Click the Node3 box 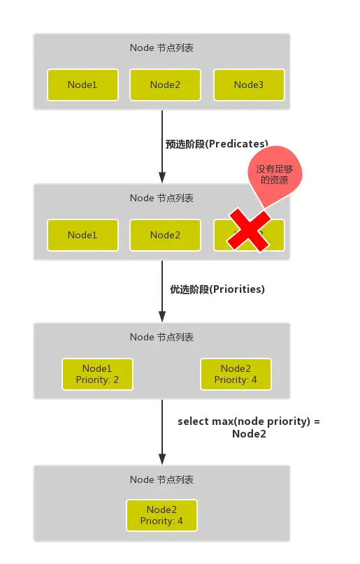pos(248,85)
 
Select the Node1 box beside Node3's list pos(82,85)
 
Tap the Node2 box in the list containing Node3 pos(165,85)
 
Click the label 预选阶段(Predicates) pos(217,144)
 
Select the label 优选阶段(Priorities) pos(217,289)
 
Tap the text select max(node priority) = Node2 pos(249,428)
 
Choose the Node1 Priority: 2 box pos(96,374)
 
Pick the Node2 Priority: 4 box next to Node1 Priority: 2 pos(236,374)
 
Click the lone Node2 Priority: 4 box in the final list pos(161,515)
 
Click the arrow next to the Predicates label pos(162,146)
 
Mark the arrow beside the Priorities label pos(162,291)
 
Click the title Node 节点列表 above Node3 pos(161,48)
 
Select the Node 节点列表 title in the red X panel pos(161,198)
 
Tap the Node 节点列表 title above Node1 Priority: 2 pos(161,337)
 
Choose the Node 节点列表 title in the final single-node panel pos(161,479)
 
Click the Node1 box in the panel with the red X pos(82,235)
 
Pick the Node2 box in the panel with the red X pos(165,235)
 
